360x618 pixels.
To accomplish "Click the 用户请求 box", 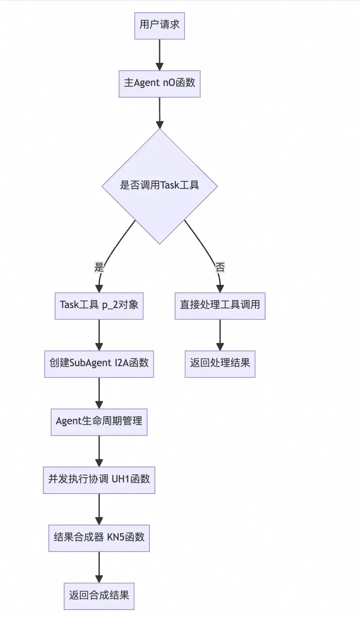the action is coord(159,26).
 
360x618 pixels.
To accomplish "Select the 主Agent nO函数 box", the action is coord(159,84).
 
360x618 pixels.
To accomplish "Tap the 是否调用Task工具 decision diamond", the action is coord(159,186).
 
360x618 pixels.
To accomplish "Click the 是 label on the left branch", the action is coord(99,267).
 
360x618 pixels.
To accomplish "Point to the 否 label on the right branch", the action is coord(220,267).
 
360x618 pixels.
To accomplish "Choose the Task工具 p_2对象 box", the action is coord(99,306).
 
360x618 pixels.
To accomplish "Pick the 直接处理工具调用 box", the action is coord(220,306).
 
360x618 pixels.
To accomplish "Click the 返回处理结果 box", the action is coord(220,364).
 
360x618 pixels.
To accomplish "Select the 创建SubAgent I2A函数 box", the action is coord(99,364).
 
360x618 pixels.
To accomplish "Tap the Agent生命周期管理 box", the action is coord(99,422).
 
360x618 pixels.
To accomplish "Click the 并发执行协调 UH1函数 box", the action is coord(99,480).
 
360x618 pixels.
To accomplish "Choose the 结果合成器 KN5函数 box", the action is coord(99,538).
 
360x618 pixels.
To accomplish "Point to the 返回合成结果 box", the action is coord(99,596).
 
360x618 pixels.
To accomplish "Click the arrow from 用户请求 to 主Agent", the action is coord(159,55).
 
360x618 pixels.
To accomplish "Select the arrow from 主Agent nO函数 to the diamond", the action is coord(159,113).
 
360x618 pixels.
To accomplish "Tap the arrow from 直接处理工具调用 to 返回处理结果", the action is coord(220,335).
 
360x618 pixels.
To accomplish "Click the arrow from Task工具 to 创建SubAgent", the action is coord(99,335).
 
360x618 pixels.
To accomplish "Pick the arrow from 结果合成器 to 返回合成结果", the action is coord(99,567).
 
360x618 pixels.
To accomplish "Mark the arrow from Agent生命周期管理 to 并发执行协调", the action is coord(99,451).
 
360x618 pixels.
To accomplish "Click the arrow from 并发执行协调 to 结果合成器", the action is coord(99,509).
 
